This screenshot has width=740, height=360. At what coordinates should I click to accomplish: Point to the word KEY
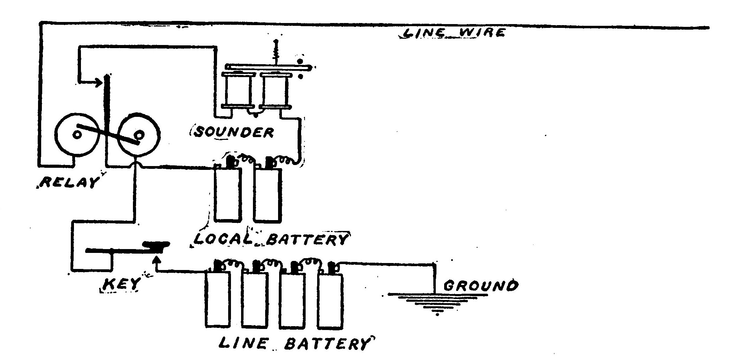[x=120, y=284]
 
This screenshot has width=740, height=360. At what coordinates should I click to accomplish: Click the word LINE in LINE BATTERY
[x=243, y=343]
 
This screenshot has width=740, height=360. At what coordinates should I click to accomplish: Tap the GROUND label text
[x=480, y=286]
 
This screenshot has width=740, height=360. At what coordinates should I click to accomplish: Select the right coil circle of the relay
[x=139, y=134]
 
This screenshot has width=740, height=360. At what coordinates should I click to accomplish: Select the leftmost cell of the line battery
[x=217, y=300]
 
